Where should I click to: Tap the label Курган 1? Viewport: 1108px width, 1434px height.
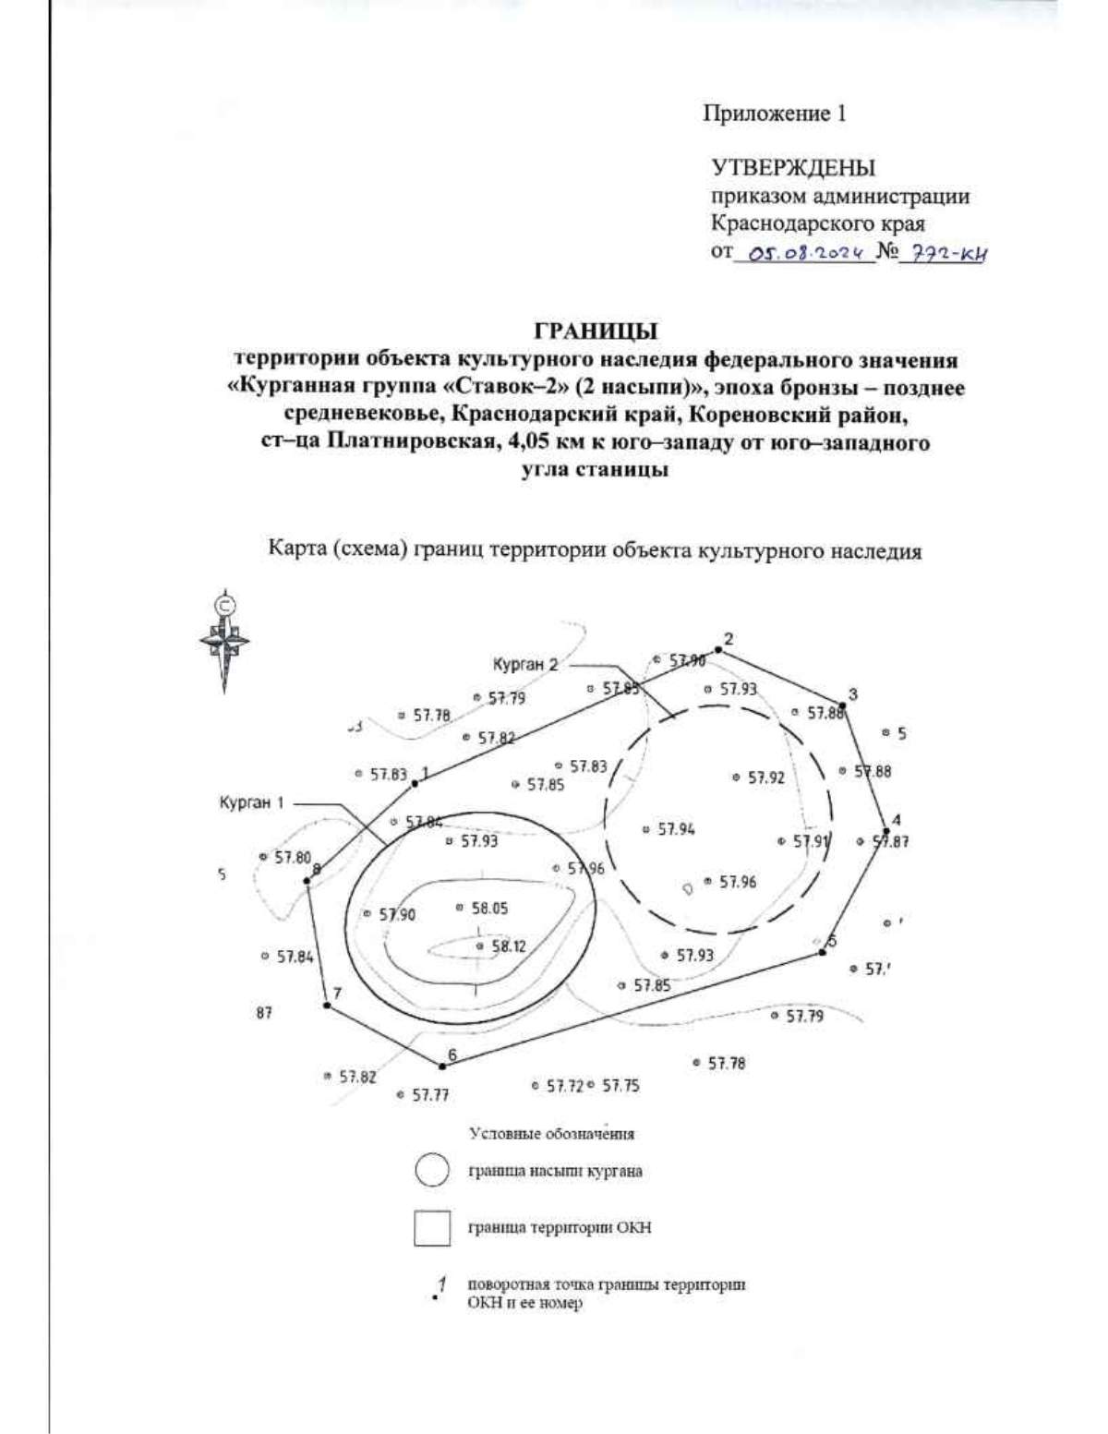pos(251,803)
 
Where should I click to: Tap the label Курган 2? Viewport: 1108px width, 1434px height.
pos(524,664)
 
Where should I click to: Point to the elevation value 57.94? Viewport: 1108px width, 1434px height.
pos(676,829)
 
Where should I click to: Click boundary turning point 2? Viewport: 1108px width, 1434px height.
pos(718,650)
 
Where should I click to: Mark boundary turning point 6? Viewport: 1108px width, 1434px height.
pos(440,1066)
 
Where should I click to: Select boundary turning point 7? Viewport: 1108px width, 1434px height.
pos(327,1005)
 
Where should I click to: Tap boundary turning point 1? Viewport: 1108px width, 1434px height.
pos(415,783)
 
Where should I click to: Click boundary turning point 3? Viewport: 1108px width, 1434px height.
pos(842,704)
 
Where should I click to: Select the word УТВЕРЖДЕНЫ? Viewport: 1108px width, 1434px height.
pos(792,168)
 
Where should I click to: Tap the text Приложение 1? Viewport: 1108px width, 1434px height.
pos(775,114)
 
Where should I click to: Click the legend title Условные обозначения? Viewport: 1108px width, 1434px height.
pos(552,1133)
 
